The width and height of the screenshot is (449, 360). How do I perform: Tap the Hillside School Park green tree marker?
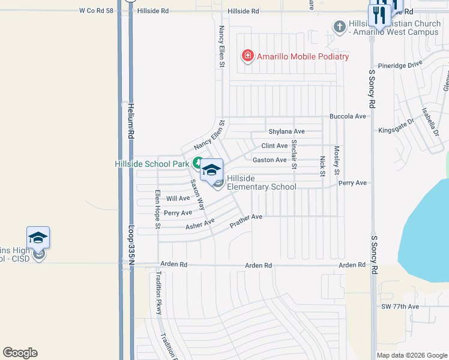click(x=197, y=163)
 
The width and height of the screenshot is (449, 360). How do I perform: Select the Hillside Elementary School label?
click(x=261, y=182)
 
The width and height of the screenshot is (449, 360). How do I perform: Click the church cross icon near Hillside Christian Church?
click(x=339, y=26)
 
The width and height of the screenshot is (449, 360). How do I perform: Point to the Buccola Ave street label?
click(x=348, y=116)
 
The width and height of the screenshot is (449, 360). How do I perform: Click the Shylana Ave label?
click(x=286, y=131)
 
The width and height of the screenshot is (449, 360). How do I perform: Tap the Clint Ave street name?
click(x=274, y=146)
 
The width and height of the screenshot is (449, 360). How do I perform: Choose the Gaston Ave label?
click(x=270, y=160)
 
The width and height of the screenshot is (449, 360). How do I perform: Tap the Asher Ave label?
click(x=200, y=224)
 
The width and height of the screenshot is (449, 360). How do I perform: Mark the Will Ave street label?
click(x=178, y=198)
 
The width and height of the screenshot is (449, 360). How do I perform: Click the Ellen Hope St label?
click(x=157, y=209)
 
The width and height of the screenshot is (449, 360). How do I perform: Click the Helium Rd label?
click(x=130, y=121)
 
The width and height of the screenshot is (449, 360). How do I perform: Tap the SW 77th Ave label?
click(x=400, y=307)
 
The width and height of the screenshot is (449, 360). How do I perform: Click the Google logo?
click(x=20, y=353)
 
